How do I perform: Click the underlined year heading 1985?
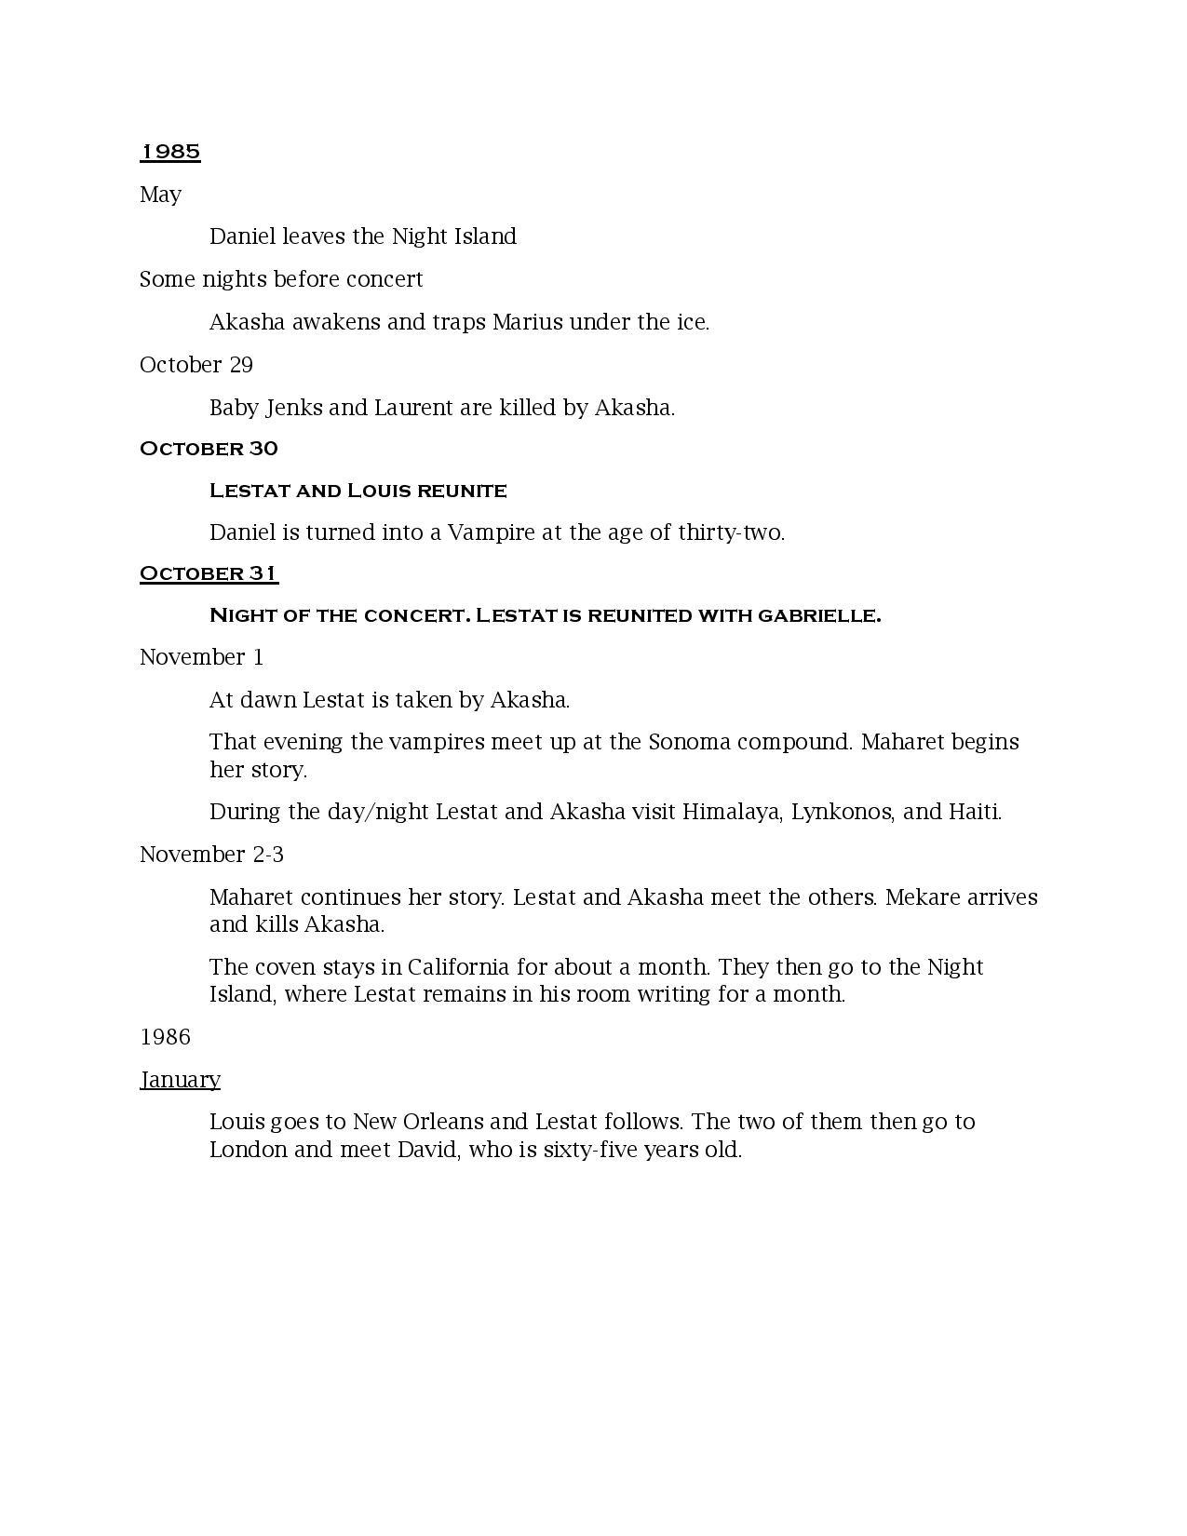(x=170, y=151)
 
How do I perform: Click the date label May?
(x=160, y=195)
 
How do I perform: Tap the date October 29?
(x=196, y=365)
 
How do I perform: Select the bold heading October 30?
(x=209, y=449)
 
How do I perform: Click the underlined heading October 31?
(x=209, y=573)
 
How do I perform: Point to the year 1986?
(x=165, y=1037)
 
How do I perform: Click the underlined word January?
(x=180, y=1080)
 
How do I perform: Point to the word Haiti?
(x=974, y=812)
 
